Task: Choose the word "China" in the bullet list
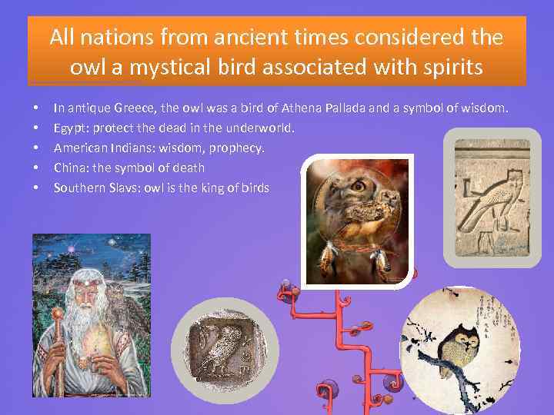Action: coord(69,168)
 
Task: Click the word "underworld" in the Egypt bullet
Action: coord(265,128)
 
